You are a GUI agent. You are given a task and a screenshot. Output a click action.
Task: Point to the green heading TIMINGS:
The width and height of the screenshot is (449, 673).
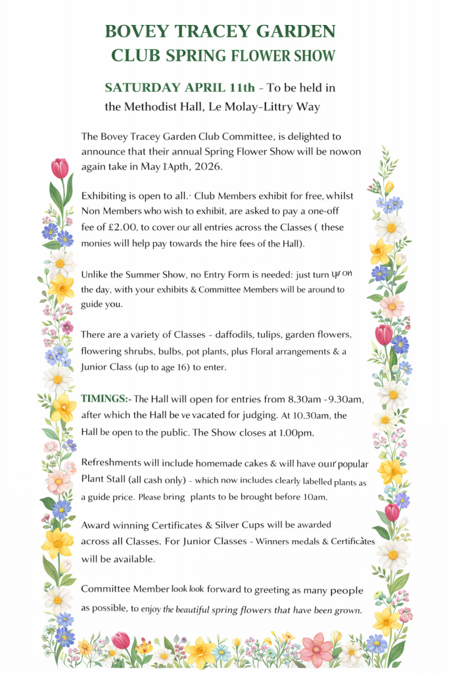tap(105, 399)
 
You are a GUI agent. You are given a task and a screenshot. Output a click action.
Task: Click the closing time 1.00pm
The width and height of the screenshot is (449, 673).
tap(296, 432)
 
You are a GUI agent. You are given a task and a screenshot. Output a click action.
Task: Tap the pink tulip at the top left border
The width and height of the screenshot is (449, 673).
tap(60, 168)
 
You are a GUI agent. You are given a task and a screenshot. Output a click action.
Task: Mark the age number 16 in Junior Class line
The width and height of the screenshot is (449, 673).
tap(179, 368)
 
